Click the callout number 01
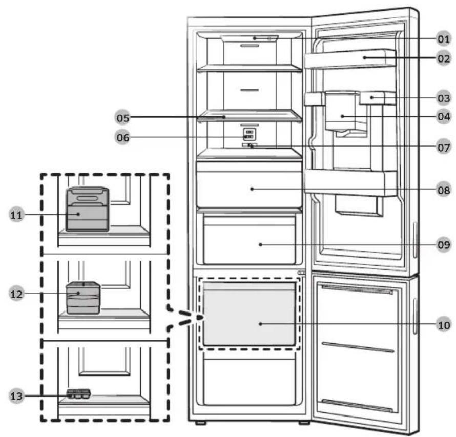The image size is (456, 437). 444,39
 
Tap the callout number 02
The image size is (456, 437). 444,58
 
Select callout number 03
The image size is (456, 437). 444,98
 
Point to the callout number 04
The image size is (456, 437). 444,117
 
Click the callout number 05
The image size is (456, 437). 122,118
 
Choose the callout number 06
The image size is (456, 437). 122,137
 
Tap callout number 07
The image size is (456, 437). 444,148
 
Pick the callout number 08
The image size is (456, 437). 444,190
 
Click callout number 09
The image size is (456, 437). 444,244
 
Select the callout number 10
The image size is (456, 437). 444,324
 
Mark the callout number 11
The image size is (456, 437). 16,215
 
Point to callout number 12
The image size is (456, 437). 16,294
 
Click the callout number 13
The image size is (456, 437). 16,396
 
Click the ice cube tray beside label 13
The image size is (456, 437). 78,394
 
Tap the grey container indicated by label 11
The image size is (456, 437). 88,210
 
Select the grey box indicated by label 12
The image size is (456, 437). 84,298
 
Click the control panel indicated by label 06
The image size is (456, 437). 250,134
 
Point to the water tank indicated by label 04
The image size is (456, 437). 342,111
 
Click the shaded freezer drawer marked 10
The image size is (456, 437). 249,314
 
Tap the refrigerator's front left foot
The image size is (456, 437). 201,423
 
